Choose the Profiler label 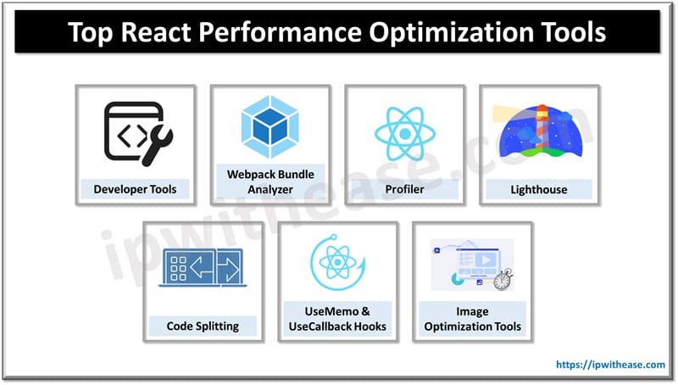pos(404,188)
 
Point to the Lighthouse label pos(540,188)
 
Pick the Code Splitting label pos(203,325)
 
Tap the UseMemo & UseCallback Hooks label pos(338,318)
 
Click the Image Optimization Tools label pos(472,318)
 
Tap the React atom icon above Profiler pos(404,134)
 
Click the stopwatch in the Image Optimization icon pos(503,280)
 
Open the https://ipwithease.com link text pos(610,365)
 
